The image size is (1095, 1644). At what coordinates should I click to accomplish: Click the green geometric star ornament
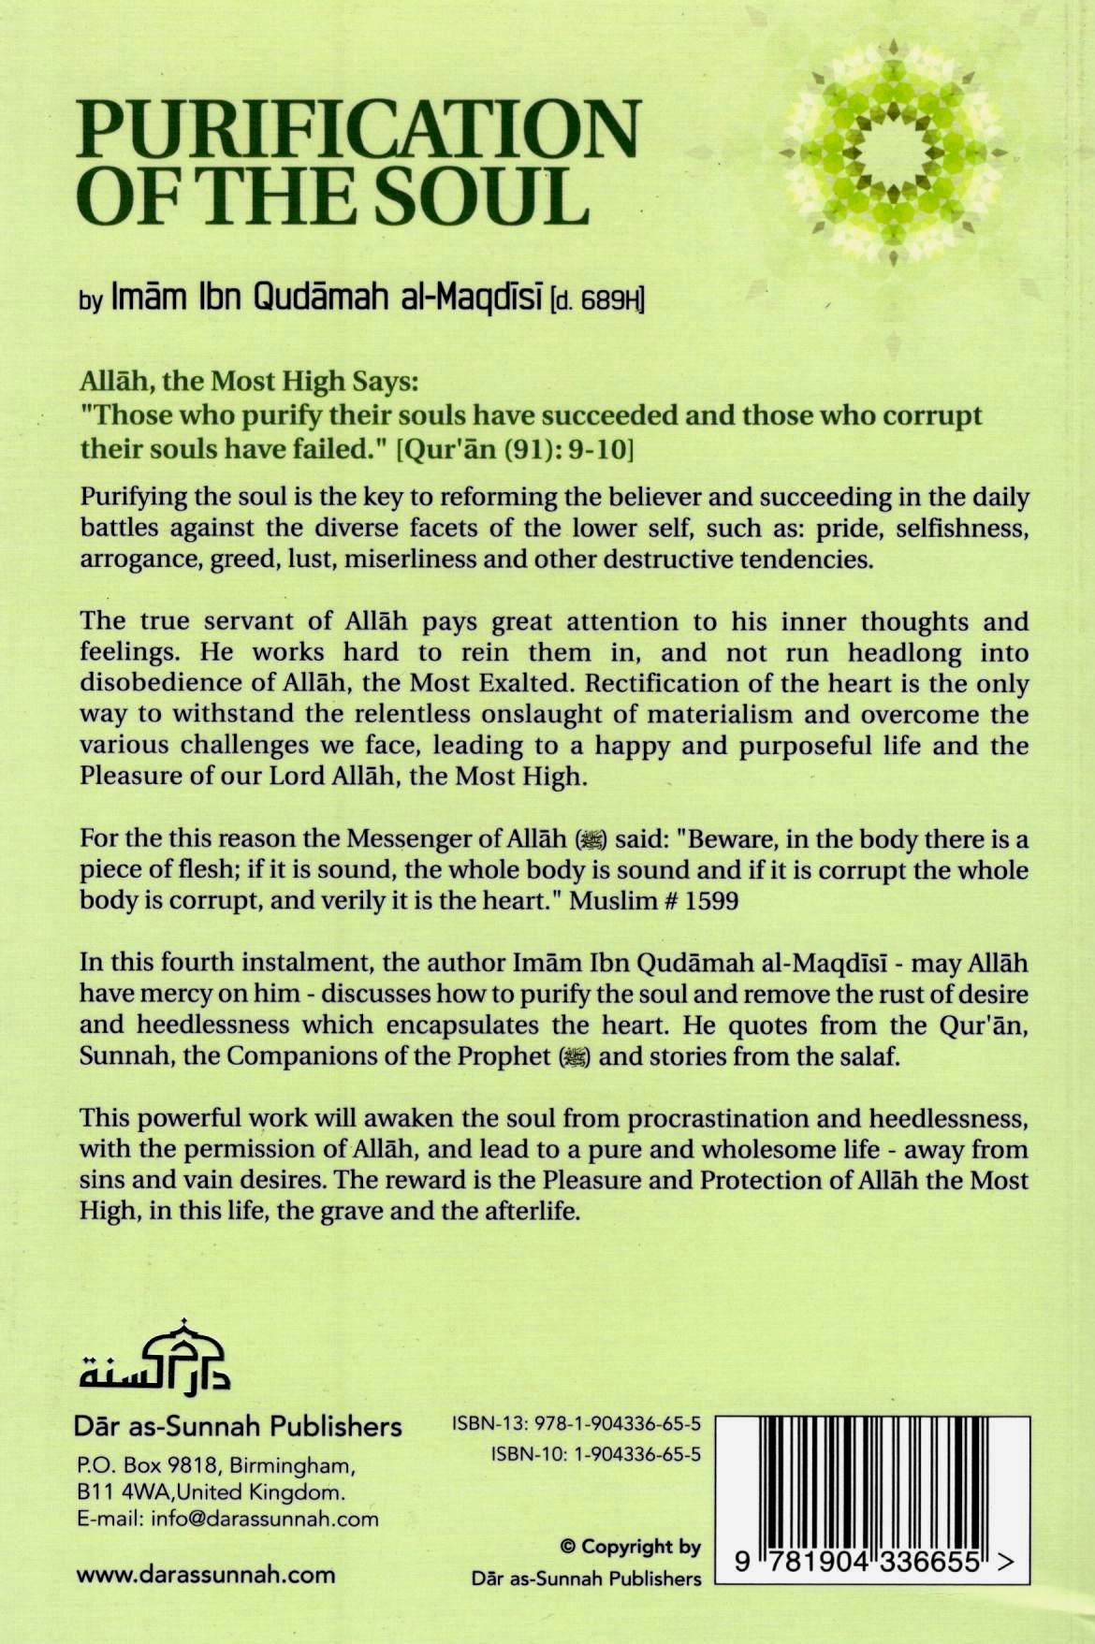pos(894,153)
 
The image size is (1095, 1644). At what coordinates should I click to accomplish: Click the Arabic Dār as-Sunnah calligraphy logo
pos(154,1356)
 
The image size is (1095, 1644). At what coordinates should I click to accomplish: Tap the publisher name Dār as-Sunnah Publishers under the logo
pos(239,1427)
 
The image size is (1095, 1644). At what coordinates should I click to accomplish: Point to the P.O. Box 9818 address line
pos(215,1464)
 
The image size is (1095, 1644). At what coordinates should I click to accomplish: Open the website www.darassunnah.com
pos(205,1574)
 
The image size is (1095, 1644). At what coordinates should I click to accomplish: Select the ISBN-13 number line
pos(576,1425)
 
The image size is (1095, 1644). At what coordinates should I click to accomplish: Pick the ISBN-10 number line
pos(595,1455)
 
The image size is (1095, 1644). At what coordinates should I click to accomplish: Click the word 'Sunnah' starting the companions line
pos(122,1056)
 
